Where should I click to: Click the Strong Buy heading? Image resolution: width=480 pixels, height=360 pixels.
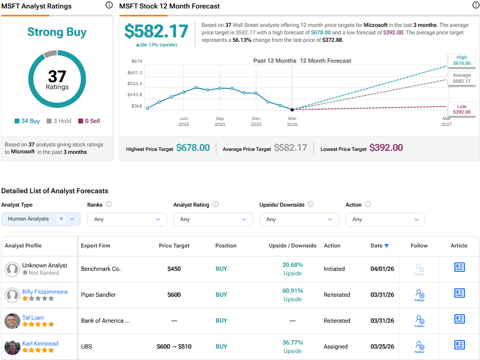click(x=57, y=32)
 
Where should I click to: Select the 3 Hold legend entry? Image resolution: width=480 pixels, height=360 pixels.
click(x=59, y=121)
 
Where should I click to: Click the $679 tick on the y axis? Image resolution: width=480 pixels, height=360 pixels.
click(x=136, y=61)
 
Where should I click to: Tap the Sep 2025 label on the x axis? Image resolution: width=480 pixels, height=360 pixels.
click(x=220, y=121)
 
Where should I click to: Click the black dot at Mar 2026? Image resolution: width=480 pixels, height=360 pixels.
click(x=292, y=109)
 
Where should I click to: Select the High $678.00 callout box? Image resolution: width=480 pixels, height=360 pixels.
click(x=462, y=60)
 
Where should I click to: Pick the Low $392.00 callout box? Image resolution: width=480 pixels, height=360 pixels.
click(x=462, y=109)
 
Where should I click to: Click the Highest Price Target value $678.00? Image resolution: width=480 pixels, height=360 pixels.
click(x=193, y=148)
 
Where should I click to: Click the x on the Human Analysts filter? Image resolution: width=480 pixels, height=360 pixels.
click(x=61, y=219)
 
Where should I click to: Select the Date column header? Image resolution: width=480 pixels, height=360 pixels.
click(x=379, y=245)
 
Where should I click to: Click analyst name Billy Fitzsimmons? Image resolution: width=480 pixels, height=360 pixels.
click(x=45, y=292)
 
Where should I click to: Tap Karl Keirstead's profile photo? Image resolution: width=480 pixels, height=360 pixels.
click(x=12, y=347)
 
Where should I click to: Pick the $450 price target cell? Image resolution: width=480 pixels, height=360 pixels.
click(x=174, y=269)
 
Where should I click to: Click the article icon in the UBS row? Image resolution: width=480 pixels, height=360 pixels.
click(x=459, y=345)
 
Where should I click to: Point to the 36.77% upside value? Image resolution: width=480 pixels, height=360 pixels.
click(x=293, y=343)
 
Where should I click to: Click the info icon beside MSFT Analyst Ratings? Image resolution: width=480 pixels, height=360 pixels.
click(x=109, y=5)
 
